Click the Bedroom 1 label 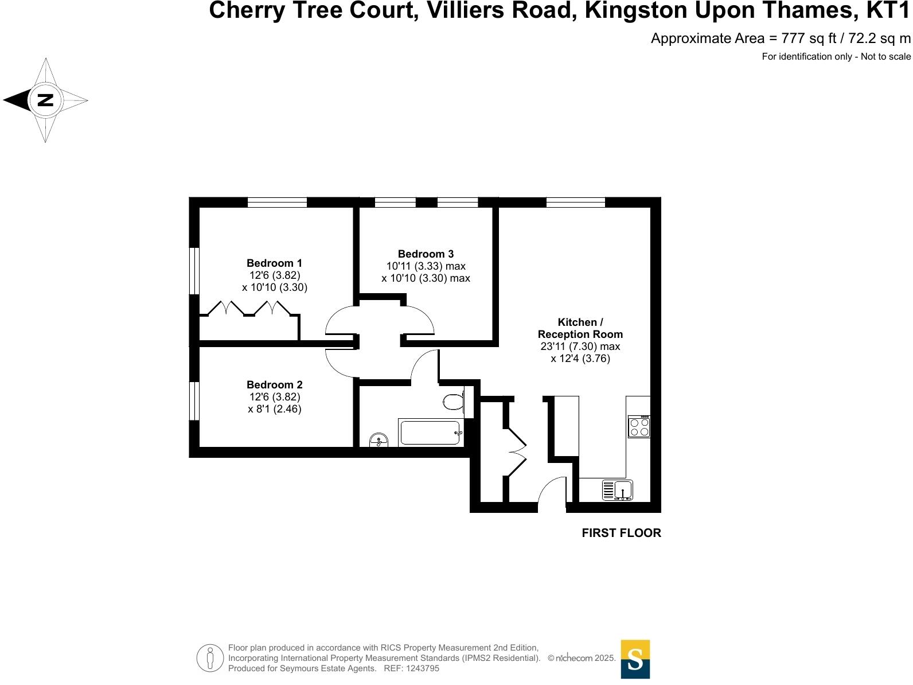click(x=274, y=263)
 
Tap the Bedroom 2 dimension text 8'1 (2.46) click(x=274, y=409)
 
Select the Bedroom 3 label click(x=426, y=254)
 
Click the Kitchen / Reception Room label click(x=580, y=328)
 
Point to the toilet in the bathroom click(x=454, y=401)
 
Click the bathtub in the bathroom click(x=430, y=433)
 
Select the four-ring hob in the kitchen click(x=639, y=427)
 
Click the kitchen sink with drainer click(x=617, y=490)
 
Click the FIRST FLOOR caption click(x=621, y=533)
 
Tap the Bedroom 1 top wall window click(x=277, y=202)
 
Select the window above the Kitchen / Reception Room click(x=576, y=202)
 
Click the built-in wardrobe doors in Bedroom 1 click(x=250, y=309)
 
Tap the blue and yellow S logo click(x=635, y=659)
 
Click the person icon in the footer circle click(x=210, y=658)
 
